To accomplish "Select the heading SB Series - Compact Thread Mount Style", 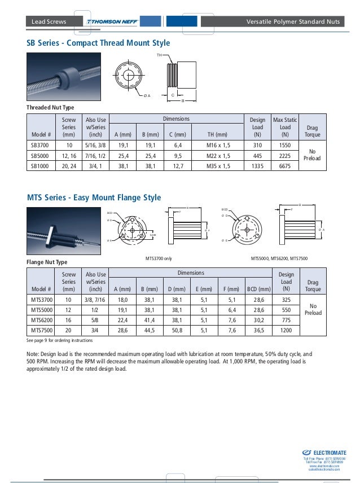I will [x=98, y=43].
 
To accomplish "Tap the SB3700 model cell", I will [x=39, y=144].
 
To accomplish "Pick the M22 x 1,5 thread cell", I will [x=217, y=155].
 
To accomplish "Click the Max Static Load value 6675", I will [x=284, y=165].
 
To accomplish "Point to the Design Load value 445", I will [x=257, y=155].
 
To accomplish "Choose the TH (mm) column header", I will [x=217, y=134].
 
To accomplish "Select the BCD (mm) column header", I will [x=259, y=289].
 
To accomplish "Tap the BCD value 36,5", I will [x=259, y=330].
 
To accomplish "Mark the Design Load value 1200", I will [x=286, y=330].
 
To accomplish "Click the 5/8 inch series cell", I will [x=95, y=320].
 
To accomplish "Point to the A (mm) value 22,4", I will [x=124, y=320].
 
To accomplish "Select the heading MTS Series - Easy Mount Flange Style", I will [x=94, y=197].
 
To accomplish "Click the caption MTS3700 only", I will [x=159, y=258].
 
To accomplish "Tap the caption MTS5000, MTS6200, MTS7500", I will [x=279, y=258].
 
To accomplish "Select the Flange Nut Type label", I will [x=47, y=262].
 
